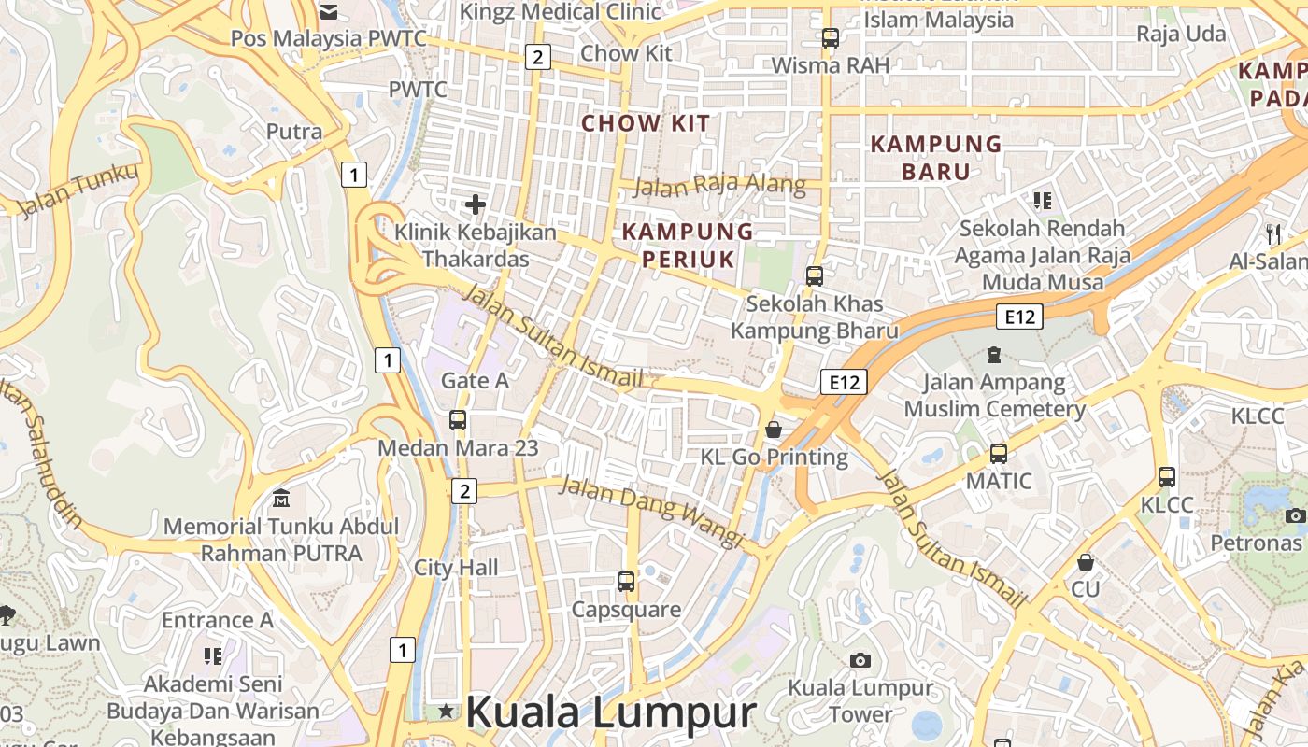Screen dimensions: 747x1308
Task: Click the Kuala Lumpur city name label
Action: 610,712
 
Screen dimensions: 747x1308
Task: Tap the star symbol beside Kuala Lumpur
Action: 447,712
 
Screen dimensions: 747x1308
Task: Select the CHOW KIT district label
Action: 646,123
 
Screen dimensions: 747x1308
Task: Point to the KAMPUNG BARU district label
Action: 935,158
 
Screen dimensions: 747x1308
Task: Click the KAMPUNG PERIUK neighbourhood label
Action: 688,245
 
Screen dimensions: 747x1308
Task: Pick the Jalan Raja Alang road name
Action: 718,185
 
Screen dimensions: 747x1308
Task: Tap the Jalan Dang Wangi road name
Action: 651,511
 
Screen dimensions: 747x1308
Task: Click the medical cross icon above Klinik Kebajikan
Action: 476,204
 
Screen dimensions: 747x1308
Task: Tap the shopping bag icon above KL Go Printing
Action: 774,430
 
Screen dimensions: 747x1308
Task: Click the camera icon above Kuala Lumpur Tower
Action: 860,660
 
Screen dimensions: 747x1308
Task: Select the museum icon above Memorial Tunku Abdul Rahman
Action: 280,499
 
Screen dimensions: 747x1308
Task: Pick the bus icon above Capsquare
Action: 626,582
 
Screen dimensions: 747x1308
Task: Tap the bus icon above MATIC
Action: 999,454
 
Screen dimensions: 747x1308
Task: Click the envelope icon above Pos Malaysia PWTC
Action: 328,11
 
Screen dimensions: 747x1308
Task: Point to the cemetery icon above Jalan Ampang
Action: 993,355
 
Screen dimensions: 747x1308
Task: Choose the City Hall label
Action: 456,568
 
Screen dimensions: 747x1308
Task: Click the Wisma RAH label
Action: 830,65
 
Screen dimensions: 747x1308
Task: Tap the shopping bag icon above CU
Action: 1086,562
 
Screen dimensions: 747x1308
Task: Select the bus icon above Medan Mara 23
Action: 458,420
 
